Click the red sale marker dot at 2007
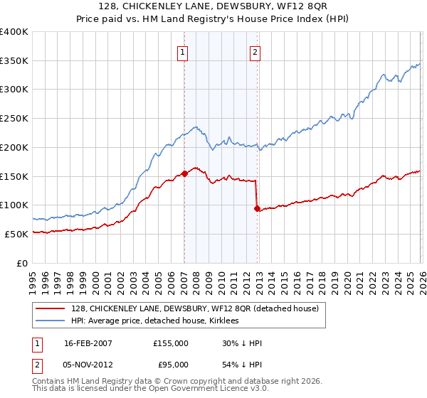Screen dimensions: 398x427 click(184, 173)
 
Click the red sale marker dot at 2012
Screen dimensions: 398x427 click(257, 208)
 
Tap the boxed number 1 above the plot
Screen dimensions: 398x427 click(184, 51)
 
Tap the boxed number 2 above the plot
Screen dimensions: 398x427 click(255, 51)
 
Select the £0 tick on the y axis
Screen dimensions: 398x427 click(23, 263)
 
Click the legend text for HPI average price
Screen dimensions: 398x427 click(156, 321)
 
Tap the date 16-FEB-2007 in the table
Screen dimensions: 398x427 click(88, 343)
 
